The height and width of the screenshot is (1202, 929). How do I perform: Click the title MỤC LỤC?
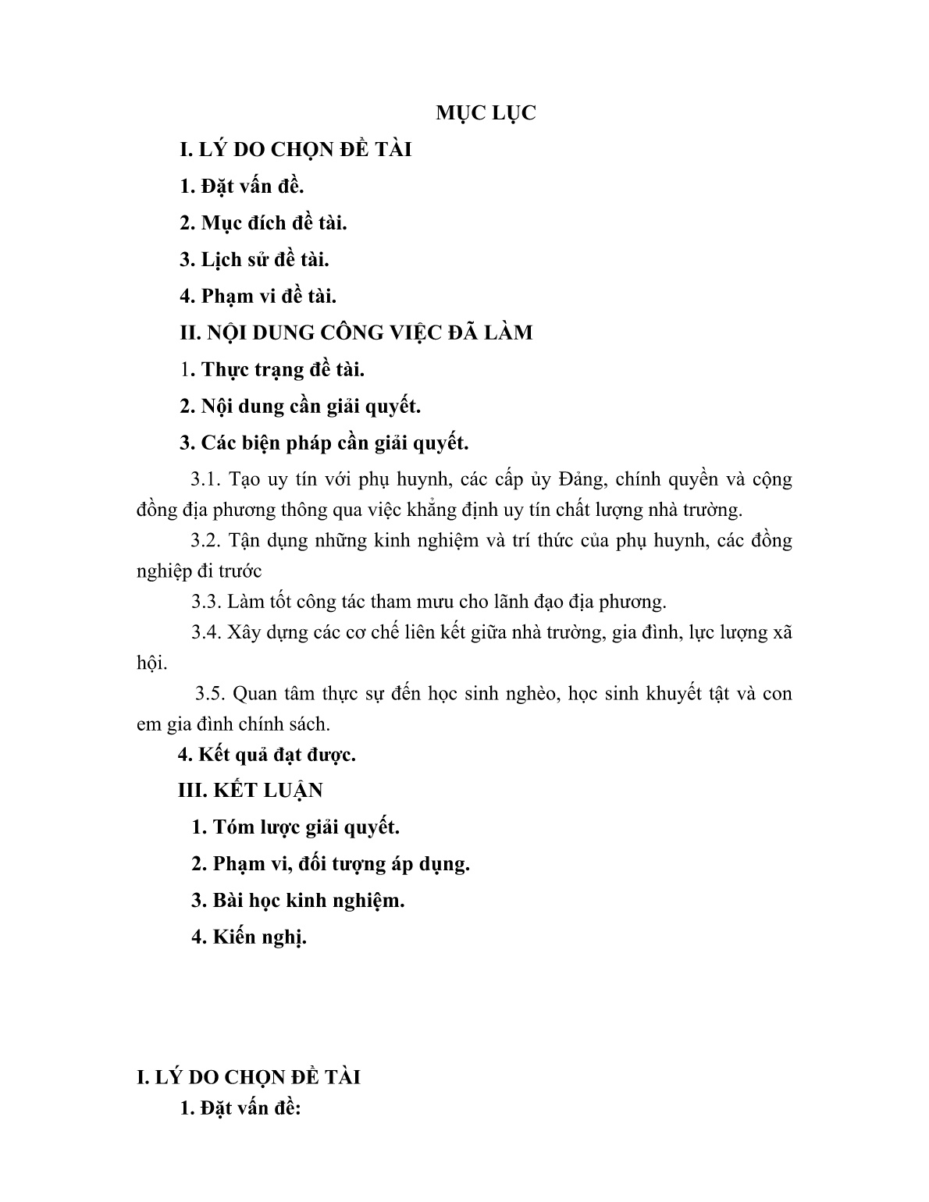click(x=486, y=112)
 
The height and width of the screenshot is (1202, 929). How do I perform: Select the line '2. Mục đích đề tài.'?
click(x=263, y=222)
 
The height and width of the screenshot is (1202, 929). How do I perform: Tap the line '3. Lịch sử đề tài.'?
click(x=254, y=259)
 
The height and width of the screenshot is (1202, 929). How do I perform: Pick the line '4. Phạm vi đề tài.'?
click(x=258, y=296)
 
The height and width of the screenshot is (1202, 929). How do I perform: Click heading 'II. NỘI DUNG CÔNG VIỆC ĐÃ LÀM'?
click(x=356, y=333)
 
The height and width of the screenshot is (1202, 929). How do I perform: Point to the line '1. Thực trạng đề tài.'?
click(x=272, y=369)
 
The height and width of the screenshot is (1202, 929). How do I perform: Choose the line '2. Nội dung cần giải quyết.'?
click(x=301, y=406)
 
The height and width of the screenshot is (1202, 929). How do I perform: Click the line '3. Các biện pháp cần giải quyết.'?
click(x=324, y=443)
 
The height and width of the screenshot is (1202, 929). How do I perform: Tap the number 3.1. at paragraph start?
click(x=208, y=479)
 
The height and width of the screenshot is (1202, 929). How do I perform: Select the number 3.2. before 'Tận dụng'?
click(x=208, y=540)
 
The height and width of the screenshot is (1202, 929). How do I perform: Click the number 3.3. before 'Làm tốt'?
click(x=208, y=602)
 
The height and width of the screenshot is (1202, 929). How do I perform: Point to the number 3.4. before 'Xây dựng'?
click(x=208, y=632)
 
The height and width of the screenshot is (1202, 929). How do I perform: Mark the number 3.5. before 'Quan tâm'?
click(x=211, y=693)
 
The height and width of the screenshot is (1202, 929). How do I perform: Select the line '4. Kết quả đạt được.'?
click(x=267, y=755)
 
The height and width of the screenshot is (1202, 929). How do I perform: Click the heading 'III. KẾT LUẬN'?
click(x=251, y=790)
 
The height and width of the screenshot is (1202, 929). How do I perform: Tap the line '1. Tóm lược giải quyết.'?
click(x=295, y=827)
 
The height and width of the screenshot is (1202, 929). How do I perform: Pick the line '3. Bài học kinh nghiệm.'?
click(x=298, y=900)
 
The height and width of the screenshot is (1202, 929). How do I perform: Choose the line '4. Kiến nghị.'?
click(x=249, y=937)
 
